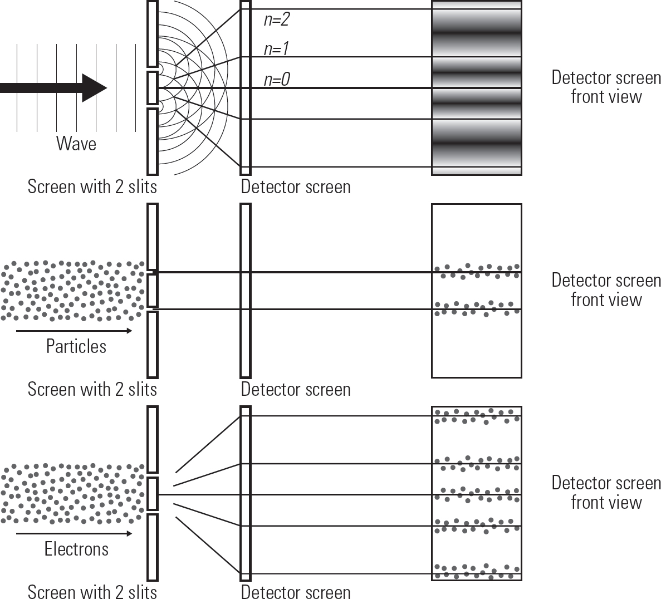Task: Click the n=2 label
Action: (x=277, y=19)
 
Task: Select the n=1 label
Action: (x=276, y=49)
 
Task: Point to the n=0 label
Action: (x=277, y=79)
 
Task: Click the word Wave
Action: (x=76, y=143)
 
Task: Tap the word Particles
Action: (x=76, y=346)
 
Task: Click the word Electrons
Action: (x=76, y=549)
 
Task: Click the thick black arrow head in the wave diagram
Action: (x=95, y=88)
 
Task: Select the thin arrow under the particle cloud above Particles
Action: (x=74, y=331)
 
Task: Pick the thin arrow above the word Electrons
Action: (x=74, y=534)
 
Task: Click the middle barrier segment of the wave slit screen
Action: (x=153, y=88)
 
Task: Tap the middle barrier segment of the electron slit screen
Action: (x=153, y=494)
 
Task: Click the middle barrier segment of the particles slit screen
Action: (x=153, y=291)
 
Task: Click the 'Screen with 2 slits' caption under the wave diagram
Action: (x=92, y=186)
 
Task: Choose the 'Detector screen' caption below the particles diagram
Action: (x=296, y=389)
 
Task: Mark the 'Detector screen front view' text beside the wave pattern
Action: (x=606, y=87)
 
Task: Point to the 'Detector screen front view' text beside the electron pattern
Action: (x=606, y=492)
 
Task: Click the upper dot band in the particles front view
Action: (x=477, y=271)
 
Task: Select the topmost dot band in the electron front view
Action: (x=477, y=416)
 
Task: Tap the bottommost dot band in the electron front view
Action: (x=477, y=571)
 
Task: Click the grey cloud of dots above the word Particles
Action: (x=73, y=291)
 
